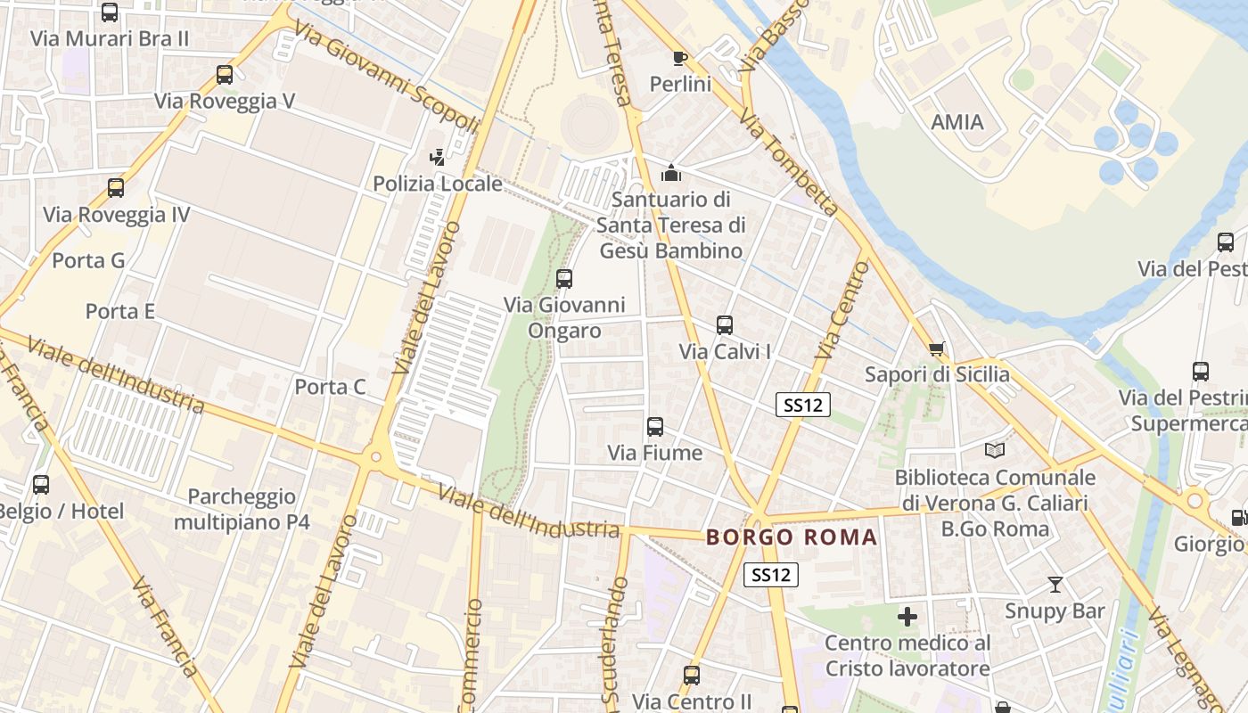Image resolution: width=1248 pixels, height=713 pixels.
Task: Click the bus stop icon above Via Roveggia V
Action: [225, 75]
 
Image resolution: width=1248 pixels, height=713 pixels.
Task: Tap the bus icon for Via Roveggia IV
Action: [116, 188]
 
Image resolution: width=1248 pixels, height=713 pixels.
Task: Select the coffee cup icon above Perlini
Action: [680, 59]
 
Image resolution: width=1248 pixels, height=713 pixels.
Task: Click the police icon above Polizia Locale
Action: [437, 158]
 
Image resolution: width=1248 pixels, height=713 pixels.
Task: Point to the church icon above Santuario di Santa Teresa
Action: [671, 173]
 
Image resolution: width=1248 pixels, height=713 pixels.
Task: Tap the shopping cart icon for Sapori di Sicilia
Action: [936, 348]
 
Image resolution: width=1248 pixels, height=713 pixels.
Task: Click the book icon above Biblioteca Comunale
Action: [995, 452]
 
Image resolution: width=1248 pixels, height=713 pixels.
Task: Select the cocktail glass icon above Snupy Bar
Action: [1055, 585]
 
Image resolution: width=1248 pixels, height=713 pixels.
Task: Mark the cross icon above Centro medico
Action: [907, 616]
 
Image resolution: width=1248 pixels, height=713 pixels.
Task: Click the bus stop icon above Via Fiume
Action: [655, 427]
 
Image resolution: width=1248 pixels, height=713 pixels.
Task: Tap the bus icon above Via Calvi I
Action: [725, 325]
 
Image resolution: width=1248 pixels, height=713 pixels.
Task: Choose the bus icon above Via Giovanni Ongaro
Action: [564, 279]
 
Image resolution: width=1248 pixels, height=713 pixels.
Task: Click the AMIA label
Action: [957, 122]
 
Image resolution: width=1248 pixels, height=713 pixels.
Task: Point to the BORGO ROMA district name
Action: [792, 537]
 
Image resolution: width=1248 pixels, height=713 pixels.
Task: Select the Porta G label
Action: [88, 261]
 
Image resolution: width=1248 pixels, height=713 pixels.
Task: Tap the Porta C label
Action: [331, 387]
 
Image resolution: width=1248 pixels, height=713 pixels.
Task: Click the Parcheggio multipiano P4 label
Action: [242, 509]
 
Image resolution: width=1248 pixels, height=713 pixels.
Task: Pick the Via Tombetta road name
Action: [790, 164]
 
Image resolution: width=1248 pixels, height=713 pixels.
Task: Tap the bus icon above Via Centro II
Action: [692, 676]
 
